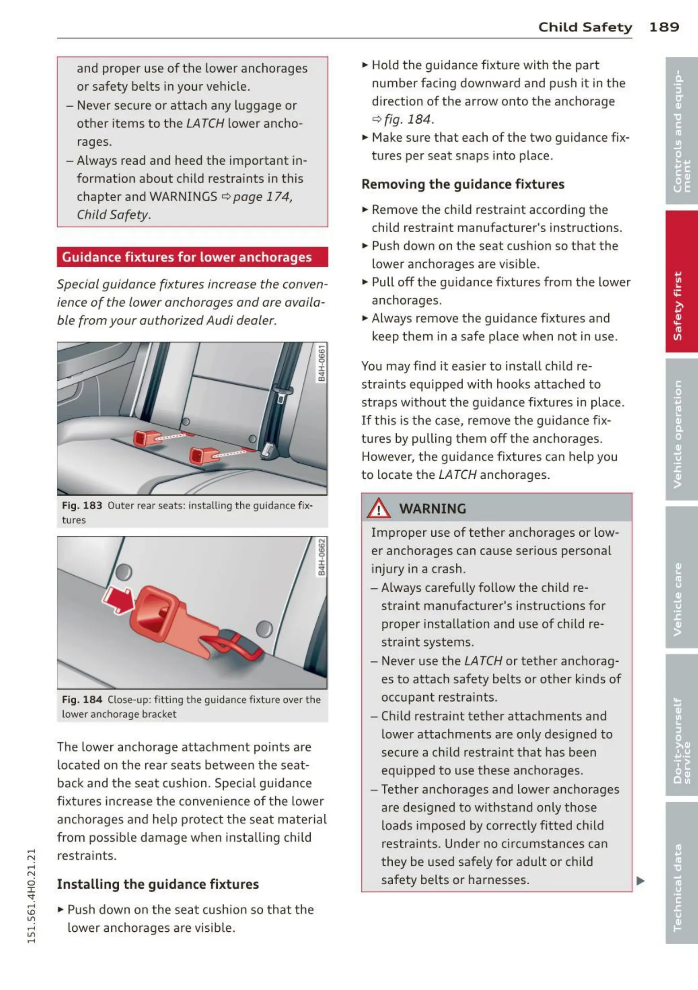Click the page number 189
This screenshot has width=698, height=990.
(x=663, y=27)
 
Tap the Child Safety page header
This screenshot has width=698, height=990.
(x=585, y=27)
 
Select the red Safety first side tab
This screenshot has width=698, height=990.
(x=681, y=282)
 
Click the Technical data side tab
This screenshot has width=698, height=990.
(x=681, y=873)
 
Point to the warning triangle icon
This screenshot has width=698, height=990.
(x=378, y=508)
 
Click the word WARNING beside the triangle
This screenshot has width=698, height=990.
(x=433, y=509)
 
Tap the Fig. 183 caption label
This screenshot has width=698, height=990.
(x=82, y=506)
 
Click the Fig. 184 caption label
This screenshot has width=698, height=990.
(x=82, y=700)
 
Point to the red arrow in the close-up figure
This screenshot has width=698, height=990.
(x=117, y=599)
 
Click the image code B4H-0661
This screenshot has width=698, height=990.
(x=321, y=363)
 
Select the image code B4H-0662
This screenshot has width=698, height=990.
(x=321, y=557)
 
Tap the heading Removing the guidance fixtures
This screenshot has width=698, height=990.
(x=463, y=184)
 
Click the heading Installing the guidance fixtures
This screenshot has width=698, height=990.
(x=158, y=884)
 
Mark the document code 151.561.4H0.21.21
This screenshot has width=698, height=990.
(x=31, y=896)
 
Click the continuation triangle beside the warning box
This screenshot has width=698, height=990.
(x=641, y=881)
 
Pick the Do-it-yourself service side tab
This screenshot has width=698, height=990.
(x=681, y=725)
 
